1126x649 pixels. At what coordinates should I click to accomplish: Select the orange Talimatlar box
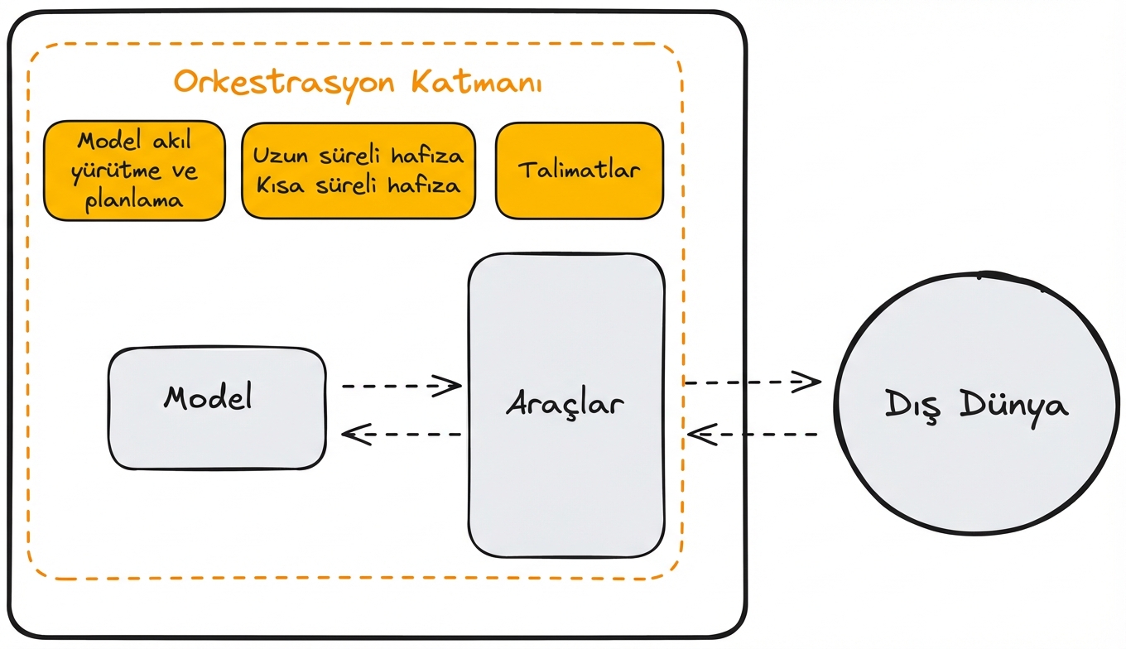coord(579,171)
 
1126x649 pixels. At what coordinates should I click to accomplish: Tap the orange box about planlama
coord(134,171)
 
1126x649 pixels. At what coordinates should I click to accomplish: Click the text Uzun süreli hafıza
coord(358,156)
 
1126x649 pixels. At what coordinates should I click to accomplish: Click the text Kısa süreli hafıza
coord(358,185)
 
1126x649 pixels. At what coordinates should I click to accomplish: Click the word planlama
coord(134,200)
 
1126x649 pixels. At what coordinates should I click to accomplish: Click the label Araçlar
coord(565,405)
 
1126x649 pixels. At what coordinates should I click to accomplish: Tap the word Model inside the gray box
coord(208,398)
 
